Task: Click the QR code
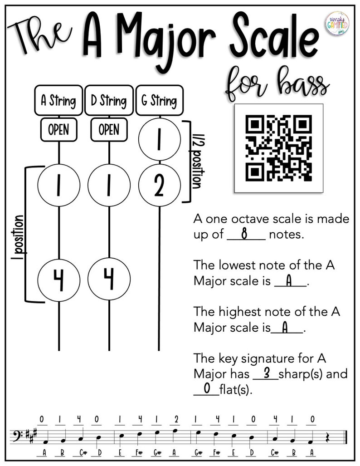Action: [278, 148]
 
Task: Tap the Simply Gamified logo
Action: [336, 24]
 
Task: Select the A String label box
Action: [58, 100]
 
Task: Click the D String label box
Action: [108, 100]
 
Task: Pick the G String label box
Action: [159, 100]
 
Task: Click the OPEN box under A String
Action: [58, 130]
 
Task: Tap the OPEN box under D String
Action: [108, 130]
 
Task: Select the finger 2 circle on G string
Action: [159, 186]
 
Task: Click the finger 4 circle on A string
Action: [59, 278]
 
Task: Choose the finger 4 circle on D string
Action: [109, 278]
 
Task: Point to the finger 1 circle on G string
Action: [159, 141]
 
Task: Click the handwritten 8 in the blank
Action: [244, 234]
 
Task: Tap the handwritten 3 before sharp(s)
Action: [267, 373]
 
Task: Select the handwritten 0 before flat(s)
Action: [207, 389]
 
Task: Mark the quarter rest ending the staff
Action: [328, 438]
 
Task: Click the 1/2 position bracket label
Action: [196, 162]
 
